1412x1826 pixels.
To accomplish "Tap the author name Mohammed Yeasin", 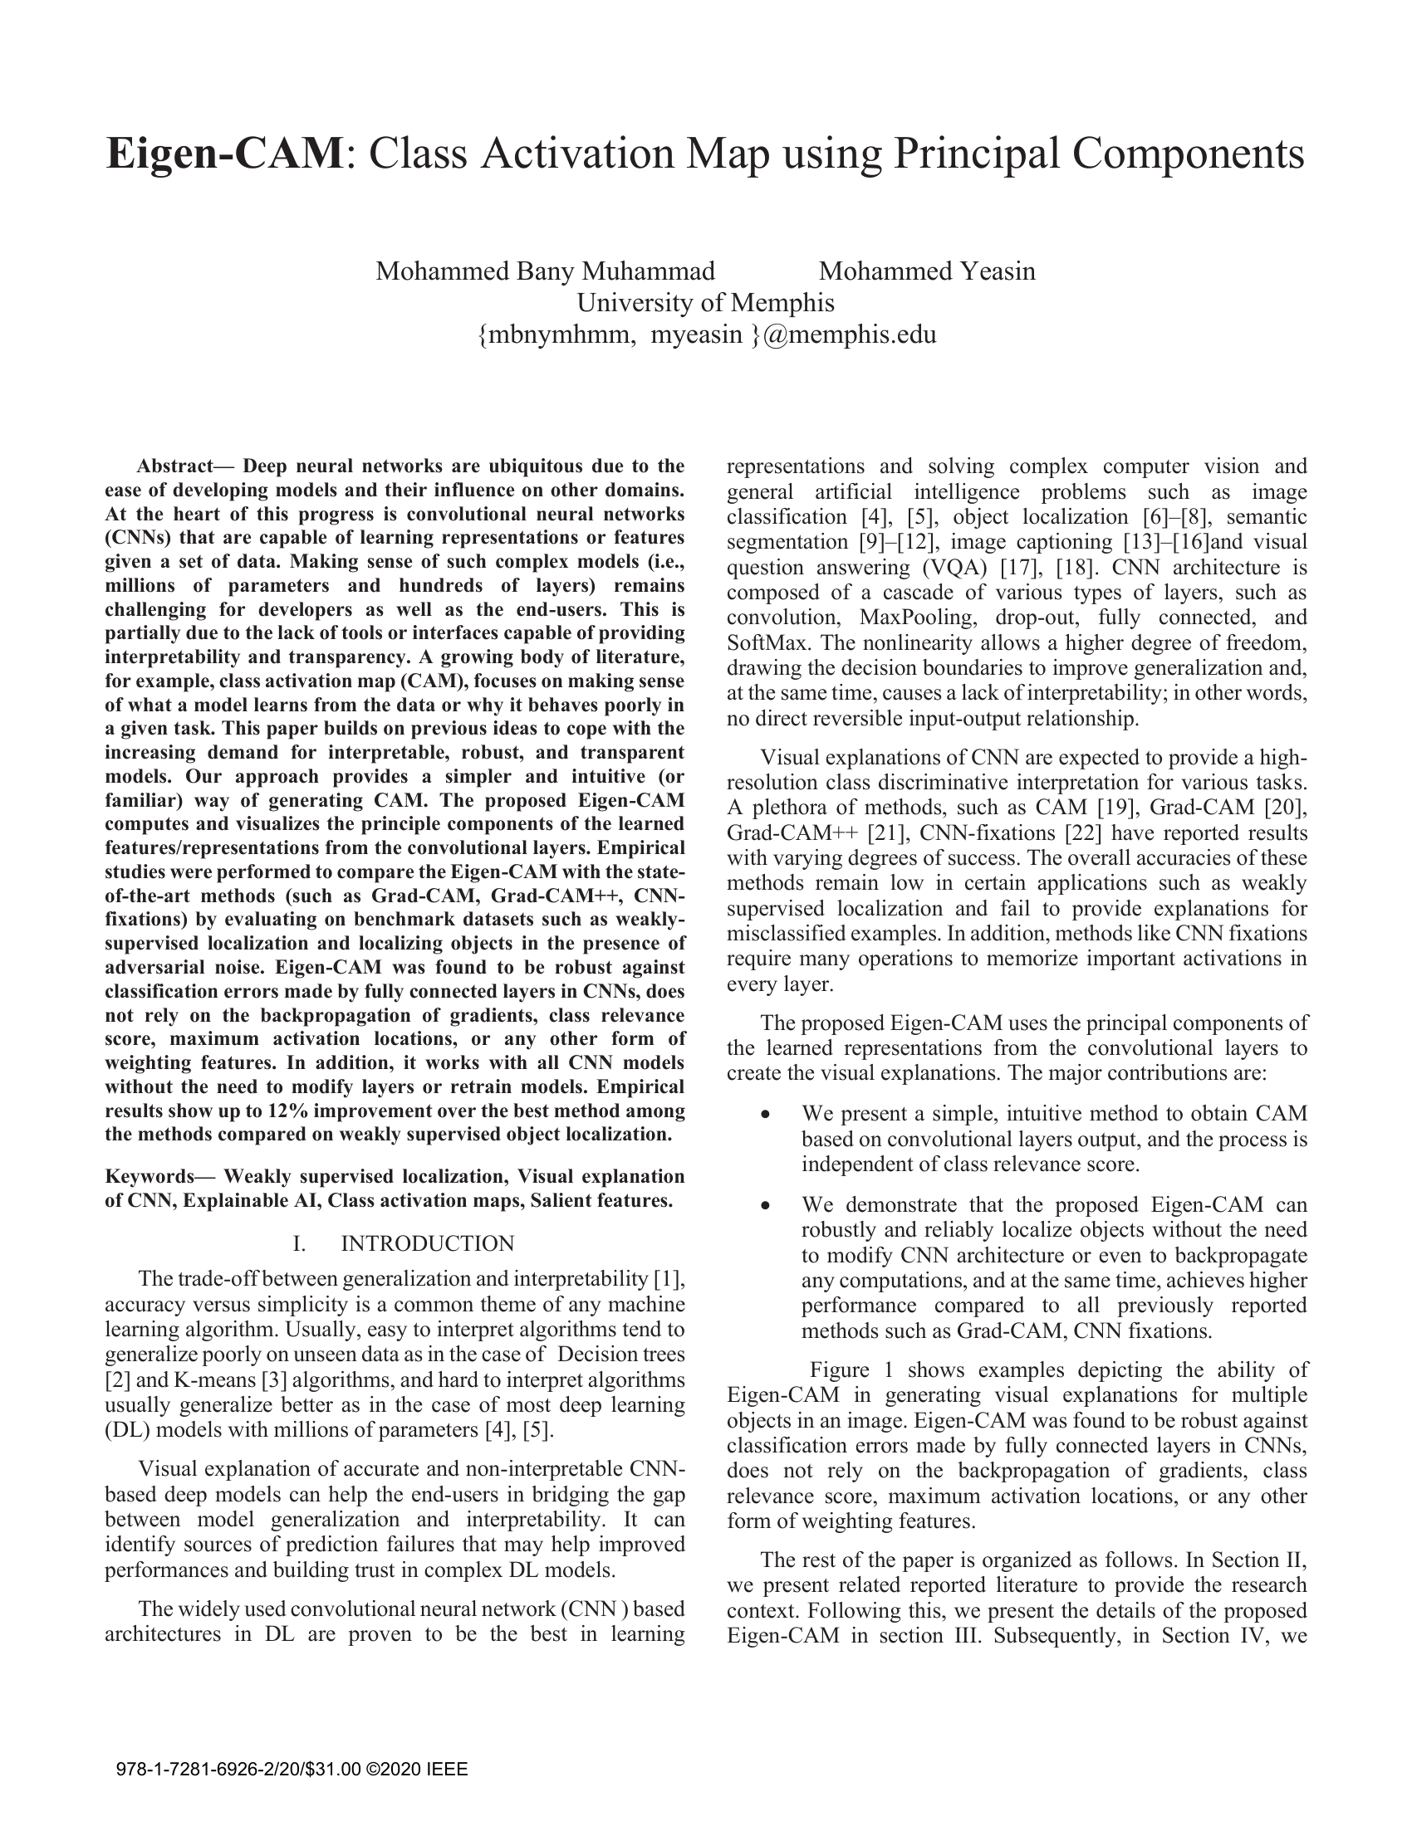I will click(927, 271).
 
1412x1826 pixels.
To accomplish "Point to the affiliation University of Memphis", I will click(705, 303).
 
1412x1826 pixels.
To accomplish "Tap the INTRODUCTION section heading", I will click(428, 1244).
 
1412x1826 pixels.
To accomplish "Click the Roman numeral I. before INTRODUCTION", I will click(299, 1244).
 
